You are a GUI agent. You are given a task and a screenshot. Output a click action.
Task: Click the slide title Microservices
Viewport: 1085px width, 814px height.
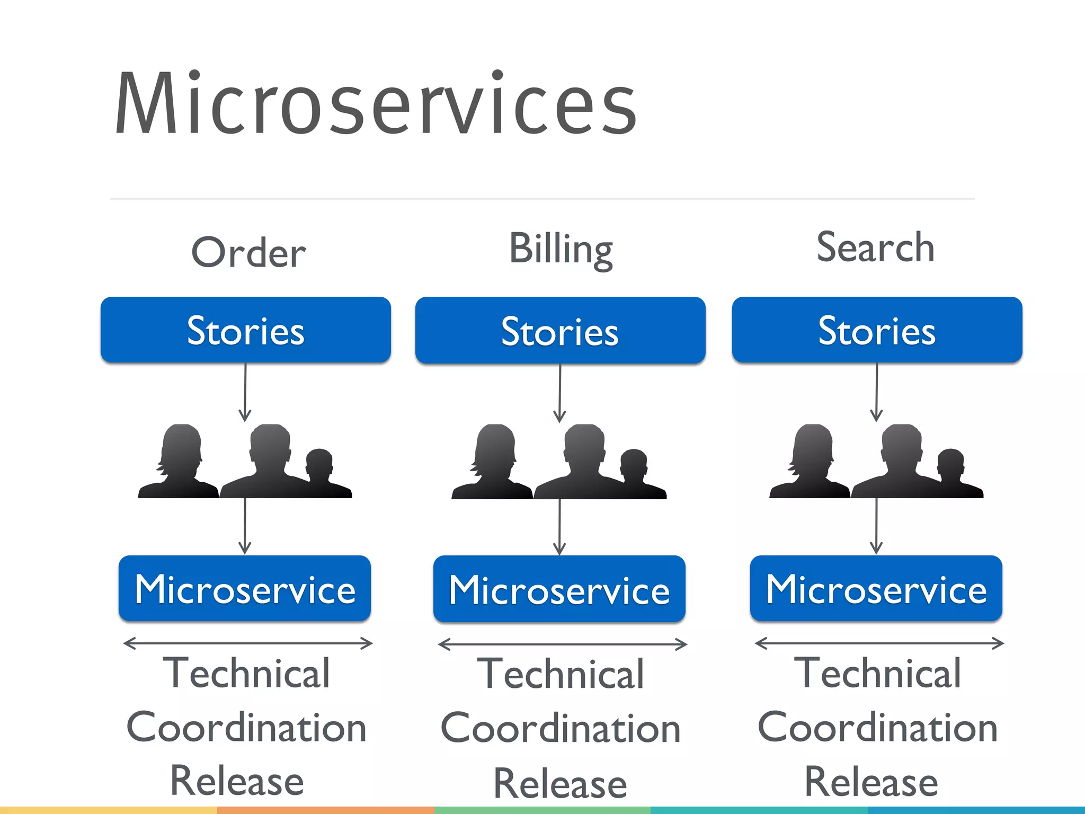(x=375, y=104)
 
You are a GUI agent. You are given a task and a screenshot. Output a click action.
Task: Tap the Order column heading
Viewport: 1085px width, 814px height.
(x=248, y=253)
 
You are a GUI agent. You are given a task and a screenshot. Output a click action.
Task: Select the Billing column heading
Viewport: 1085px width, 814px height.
(x=561, y=249)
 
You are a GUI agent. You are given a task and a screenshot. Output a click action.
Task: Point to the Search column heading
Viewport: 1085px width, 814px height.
(x=875, y=247)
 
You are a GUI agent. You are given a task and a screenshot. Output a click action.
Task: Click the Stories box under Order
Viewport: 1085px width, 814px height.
(x=246, y=330)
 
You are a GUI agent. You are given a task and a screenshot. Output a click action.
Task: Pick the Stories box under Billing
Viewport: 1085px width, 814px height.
(x=560, y=331)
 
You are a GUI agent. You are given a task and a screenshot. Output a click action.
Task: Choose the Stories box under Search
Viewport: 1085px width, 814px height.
(x=877, y=330)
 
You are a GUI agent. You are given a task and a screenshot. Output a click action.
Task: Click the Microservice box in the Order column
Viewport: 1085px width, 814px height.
(x=245, y=589)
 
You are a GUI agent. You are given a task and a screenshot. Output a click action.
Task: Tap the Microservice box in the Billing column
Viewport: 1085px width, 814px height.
(x=559, y=589)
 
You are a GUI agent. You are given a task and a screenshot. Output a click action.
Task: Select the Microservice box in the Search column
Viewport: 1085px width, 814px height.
(x=876, y=589)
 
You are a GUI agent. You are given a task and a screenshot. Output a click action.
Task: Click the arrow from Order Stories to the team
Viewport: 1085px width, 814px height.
(x=245, y=392)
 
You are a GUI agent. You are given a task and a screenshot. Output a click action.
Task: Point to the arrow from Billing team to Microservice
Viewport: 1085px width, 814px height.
(x=559, y=527)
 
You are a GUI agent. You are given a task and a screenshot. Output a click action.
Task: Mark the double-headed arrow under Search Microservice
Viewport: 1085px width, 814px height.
(x=879, y=643)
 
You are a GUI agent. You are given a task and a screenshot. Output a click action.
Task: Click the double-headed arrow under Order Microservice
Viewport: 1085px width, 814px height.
(x=247, y=643)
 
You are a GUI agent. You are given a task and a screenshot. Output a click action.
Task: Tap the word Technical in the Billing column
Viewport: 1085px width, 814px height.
(x=561, y=674)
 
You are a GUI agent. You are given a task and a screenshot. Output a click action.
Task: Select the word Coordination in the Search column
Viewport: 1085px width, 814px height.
(x=877, y=728)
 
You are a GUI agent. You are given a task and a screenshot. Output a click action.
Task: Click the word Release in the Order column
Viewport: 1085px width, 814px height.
(x=237, y=781)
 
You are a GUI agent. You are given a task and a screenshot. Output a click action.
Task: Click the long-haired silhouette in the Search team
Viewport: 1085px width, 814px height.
(x=811, y=461)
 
